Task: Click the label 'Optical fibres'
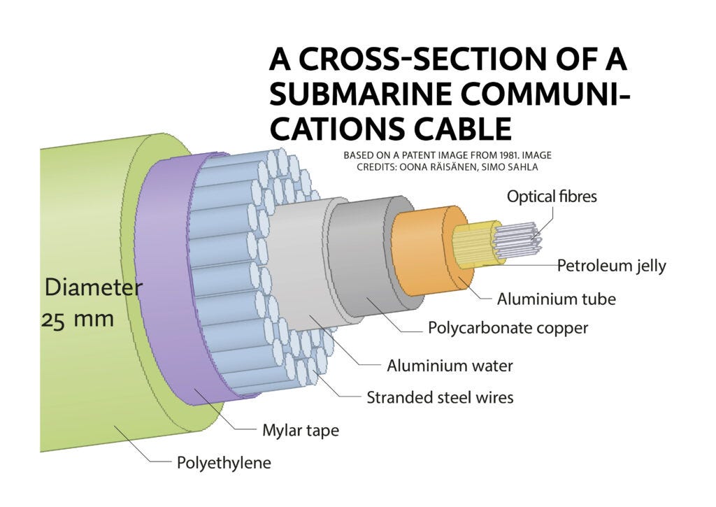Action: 552,197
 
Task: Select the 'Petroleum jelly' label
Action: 611,266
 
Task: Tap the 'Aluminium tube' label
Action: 556,299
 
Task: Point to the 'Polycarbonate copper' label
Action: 508,328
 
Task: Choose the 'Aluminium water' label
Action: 450,365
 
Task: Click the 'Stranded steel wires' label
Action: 440,397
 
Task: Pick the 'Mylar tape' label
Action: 300,430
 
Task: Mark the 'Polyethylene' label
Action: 223,462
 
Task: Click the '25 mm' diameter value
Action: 78,320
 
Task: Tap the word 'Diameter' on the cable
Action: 93,287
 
